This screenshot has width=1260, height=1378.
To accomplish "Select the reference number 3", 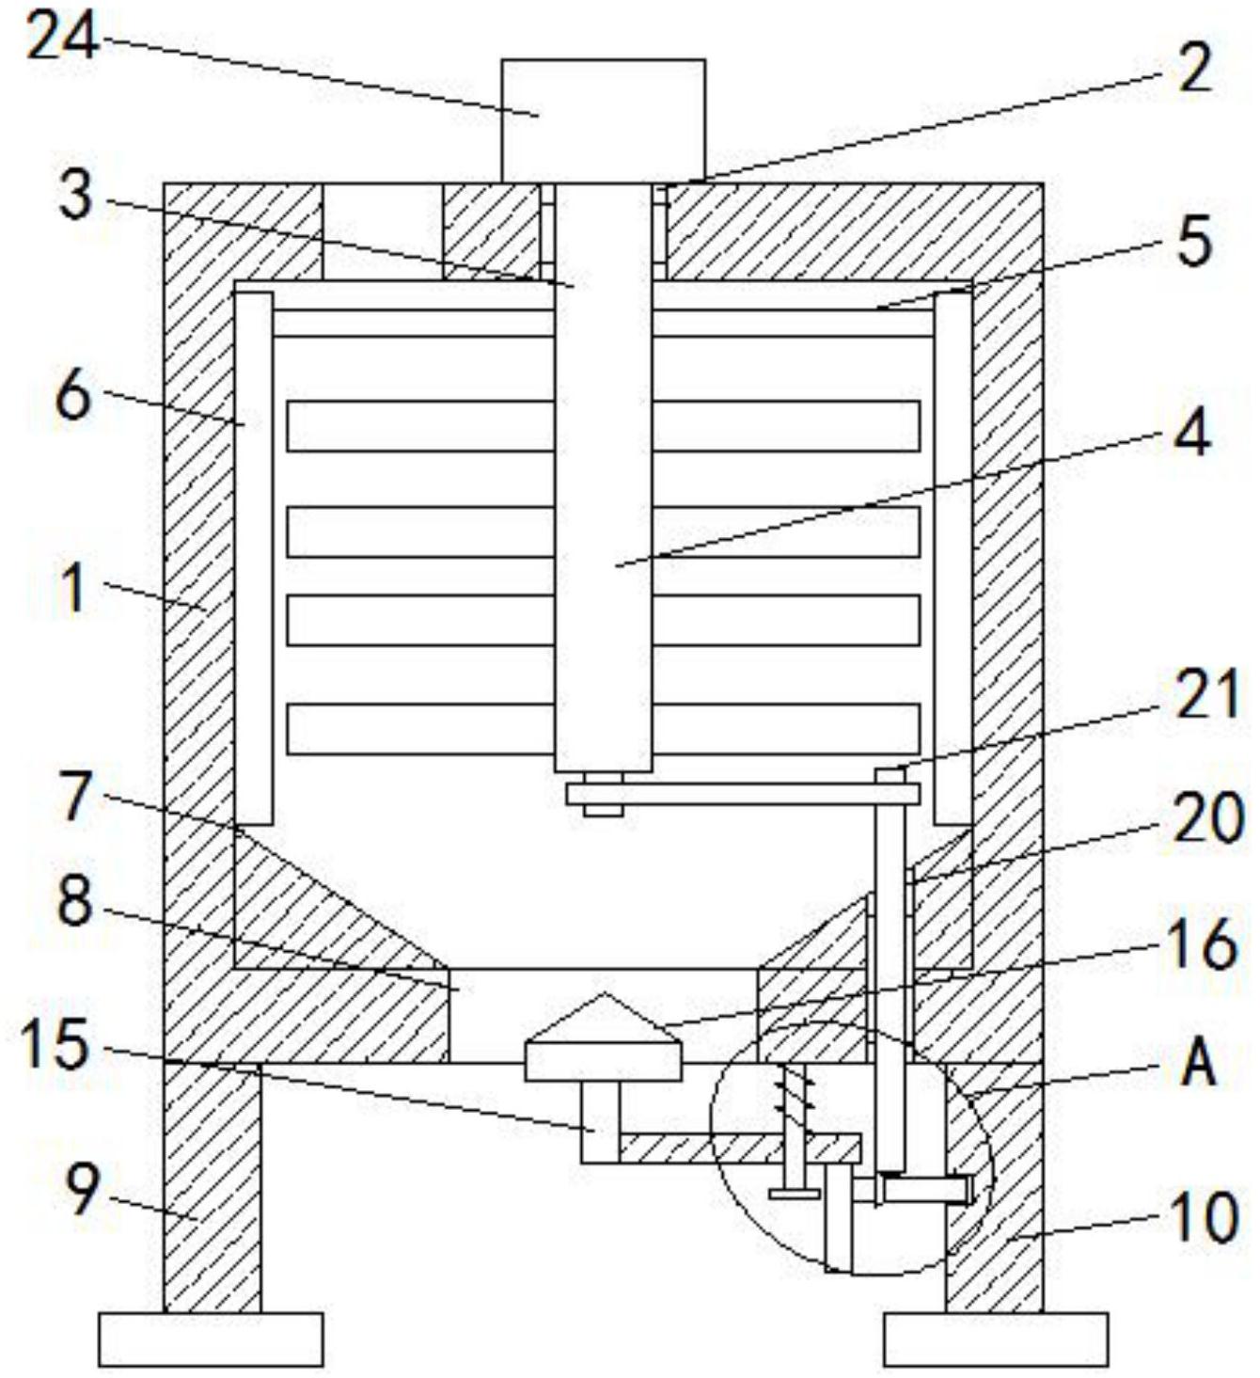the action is pyautogui.click(x=76, y=196).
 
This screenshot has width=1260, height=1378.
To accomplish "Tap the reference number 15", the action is pyautogui.click(x=55, y=1046).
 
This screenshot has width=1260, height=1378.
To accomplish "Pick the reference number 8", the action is pyautogui.click(x=75, y=900).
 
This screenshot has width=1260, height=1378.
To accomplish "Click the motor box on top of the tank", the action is pyautogui.click(x=604, y=121).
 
